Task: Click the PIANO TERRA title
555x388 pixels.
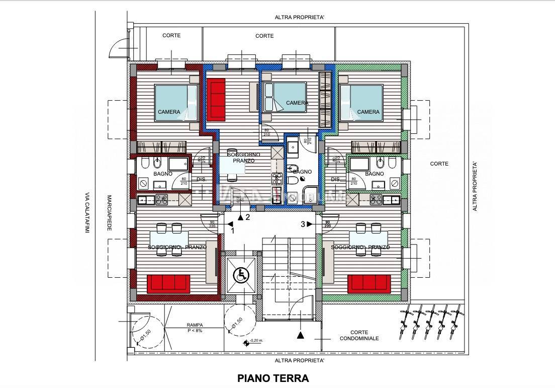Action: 272,378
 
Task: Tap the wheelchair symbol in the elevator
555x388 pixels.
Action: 242,275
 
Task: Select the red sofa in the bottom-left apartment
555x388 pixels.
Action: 168,284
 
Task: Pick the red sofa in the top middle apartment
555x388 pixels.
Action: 218,101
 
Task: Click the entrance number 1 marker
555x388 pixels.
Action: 233,231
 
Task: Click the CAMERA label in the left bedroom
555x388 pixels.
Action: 169,112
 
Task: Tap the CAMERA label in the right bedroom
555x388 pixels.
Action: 368,112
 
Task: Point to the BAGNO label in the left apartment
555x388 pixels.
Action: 163,174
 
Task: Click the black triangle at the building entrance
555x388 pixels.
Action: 301,335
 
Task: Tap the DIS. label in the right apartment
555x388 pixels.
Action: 336,180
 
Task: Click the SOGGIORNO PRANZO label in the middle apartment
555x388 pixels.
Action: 243,158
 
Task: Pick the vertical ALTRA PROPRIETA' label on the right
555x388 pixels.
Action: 474,186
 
